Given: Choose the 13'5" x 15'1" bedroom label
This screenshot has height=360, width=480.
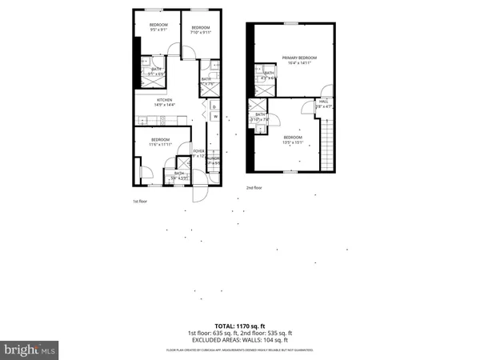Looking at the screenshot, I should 294,140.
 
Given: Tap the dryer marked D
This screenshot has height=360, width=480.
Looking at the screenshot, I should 214,106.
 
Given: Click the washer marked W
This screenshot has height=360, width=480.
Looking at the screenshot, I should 214,118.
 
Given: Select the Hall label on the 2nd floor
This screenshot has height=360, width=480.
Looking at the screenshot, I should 323,103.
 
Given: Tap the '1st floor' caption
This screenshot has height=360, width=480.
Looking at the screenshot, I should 140,201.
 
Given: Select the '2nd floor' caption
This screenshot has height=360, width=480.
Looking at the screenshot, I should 254,187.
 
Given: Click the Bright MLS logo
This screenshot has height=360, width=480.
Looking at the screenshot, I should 30,350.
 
